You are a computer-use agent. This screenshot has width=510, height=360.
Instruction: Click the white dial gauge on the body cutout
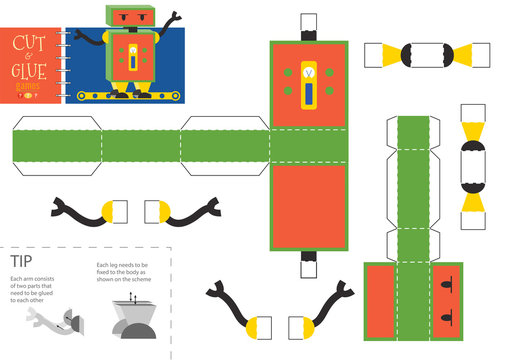[308, 72]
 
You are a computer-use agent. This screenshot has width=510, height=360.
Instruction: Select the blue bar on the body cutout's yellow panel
[308, 96]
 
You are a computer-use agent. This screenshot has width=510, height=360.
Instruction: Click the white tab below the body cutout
[308, 265]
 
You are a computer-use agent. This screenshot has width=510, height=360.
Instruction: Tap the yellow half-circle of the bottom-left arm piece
[254, 325]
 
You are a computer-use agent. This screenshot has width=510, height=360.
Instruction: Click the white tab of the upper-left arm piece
[121, 211]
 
